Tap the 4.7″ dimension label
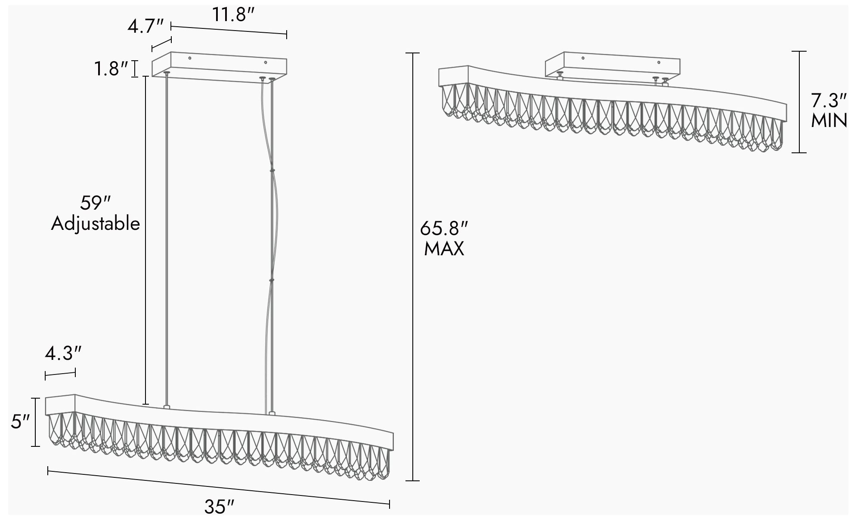(x=145, y=27)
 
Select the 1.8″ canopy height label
(x=111, y=69)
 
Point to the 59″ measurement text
(x=96, y=203)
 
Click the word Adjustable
(x=96, y=223)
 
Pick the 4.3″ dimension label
(x=63, y=354)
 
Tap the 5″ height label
(x=20, y=422)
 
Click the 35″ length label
(x=219, y=507)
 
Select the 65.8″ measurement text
(x=444, y=228)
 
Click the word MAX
(x=444, y=249)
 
